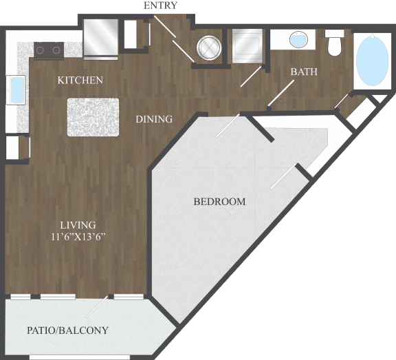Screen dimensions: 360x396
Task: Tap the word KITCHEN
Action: coord(80,81)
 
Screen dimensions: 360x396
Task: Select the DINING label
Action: coord(153,119)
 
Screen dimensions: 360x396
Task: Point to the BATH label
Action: coord(303,72)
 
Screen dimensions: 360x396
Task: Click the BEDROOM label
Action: coord(219,202)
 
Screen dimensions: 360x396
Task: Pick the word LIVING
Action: coord(77,225)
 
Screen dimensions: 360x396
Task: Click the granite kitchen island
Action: coord(93,117)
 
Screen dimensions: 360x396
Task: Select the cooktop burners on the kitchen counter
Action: coord(49,49)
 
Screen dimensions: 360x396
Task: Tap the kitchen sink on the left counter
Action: coord(16,89)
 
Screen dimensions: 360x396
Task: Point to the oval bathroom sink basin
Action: coord(298,39)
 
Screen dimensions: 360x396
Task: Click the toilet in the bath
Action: coord(335,44)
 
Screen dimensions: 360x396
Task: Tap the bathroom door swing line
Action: coord(281,94)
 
